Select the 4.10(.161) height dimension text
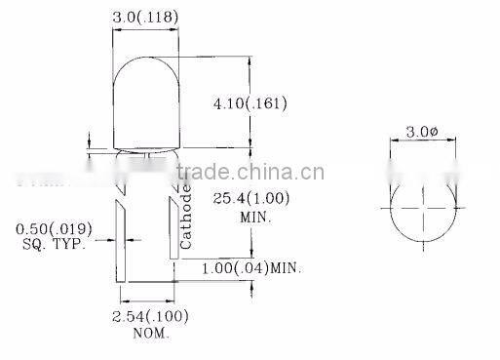[x=250, y=101]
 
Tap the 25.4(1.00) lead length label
[x=250, y=198]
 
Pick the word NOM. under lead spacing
[x=151, y=333]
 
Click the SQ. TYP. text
[x=55, y=244]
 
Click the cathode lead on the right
[x=173, y=244]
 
